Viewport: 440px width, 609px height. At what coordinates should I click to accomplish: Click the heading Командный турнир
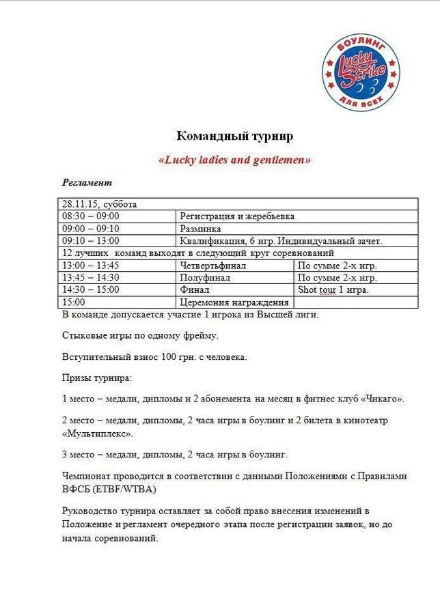coord(235,136)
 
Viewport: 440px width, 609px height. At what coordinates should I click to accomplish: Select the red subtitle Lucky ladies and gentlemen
coord(234,160)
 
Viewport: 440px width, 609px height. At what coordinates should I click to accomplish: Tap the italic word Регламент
coord(87,183)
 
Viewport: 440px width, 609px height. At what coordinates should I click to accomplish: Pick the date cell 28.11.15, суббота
coord(99,204)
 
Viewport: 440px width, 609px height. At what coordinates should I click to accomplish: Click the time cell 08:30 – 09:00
coord(91,216)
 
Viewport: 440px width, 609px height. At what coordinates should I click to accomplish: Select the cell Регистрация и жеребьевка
coord(237,216)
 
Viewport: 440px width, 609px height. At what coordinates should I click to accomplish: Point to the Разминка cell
coord(201,229)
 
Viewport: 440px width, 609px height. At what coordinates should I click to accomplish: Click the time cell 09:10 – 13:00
coord(91,240)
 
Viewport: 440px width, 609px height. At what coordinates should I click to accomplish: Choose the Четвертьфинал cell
coord(212,265)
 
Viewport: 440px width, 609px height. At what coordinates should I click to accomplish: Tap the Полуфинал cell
coord(203,277)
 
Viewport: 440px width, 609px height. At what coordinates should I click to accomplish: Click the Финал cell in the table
coord(194,289)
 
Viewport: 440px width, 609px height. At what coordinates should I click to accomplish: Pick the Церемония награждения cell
coord(234,302)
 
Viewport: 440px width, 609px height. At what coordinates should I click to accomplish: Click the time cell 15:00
coord(74,302)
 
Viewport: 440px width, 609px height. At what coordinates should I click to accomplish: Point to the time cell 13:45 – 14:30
coord(91,277)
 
